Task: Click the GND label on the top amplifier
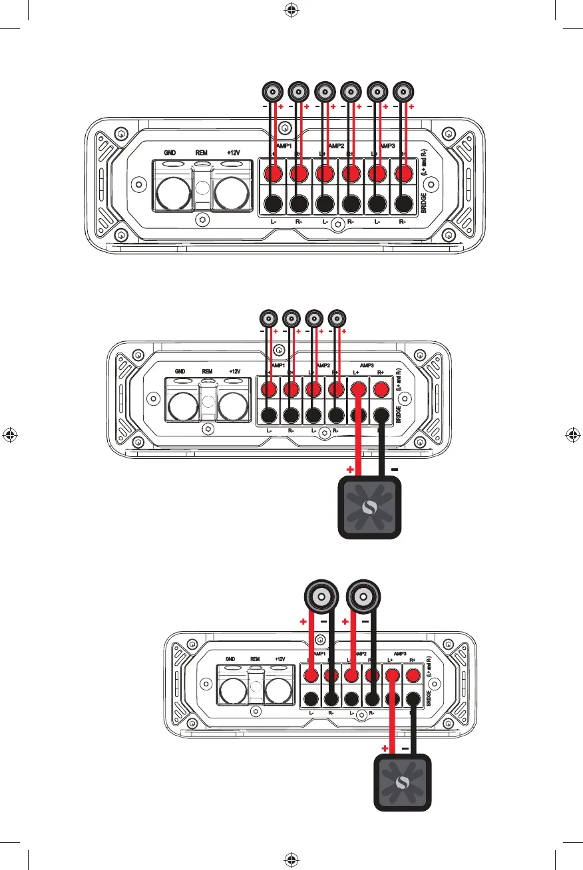(170, 152)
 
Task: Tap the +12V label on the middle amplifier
(234, 371)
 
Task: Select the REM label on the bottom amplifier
(256, 660)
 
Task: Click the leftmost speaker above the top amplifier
(272, 90)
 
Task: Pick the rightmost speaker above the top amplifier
(403, 90)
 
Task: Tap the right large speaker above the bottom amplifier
(363, 595)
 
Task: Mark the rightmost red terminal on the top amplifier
(402, 174)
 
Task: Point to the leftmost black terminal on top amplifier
(273, 204)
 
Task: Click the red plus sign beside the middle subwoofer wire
(349, 470)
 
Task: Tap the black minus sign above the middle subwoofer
(395, 469)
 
